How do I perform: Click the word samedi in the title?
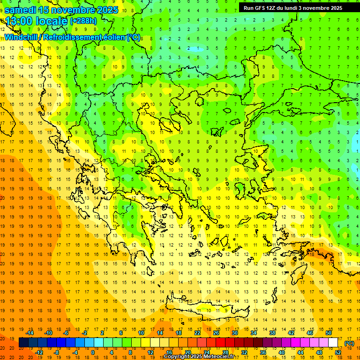[x=23, y=9]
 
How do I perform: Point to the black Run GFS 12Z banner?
[x=292, y=7]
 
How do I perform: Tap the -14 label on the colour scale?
[x=30, y=333]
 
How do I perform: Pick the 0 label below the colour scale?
[x=93, y=352]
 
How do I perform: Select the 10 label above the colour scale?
[x=141, y=333]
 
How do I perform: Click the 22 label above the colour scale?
[x=197, y=333]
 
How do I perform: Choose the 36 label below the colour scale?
[x=262, y=352]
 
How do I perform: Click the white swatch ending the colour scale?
[x=333, y=343]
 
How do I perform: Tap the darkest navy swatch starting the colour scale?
[x=23, y=343]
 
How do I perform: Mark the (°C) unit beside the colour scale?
[x=349, y=343]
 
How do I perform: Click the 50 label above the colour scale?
[x=328, y=333]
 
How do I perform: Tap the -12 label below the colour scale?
[x=39, y=352]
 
